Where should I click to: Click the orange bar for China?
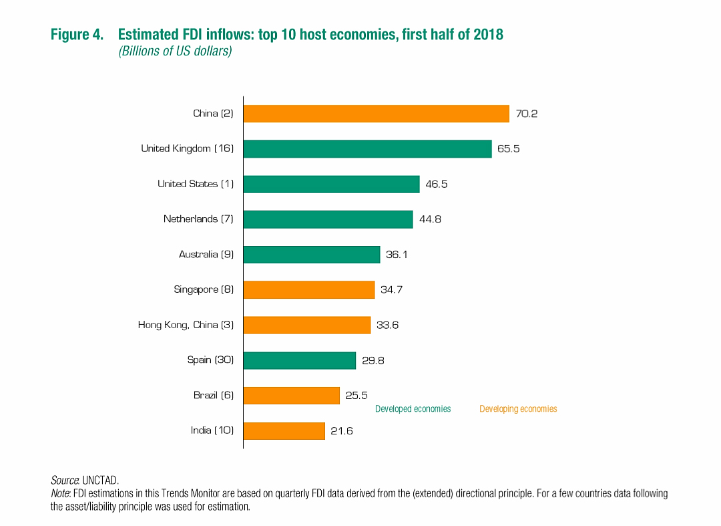(376, 114)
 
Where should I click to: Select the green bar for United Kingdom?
(367, 148)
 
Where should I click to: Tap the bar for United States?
(331, 184)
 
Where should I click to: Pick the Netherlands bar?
(328, 219)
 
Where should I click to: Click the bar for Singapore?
(308, 289)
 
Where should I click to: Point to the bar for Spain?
(299, 360)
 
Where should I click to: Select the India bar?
(284, 430)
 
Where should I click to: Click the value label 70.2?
(527, 114)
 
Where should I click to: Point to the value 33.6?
(387, 325)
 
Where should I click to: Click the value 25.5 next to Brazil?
(356, 396)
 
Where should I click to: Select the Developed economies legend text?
(413, 408)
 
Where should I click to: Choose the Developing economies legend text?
(518, 408)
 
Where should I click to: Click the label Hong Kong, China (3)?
(186, 325)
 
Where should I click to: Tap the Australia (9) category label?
(206, 255)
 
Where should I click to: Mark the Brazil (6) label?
(214, 396)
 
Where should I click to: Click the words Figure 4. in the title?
(77, 34)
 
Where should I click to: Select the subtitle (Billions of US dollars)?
(175, 51)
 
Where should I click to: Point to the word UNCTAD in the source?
(100, 480)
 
